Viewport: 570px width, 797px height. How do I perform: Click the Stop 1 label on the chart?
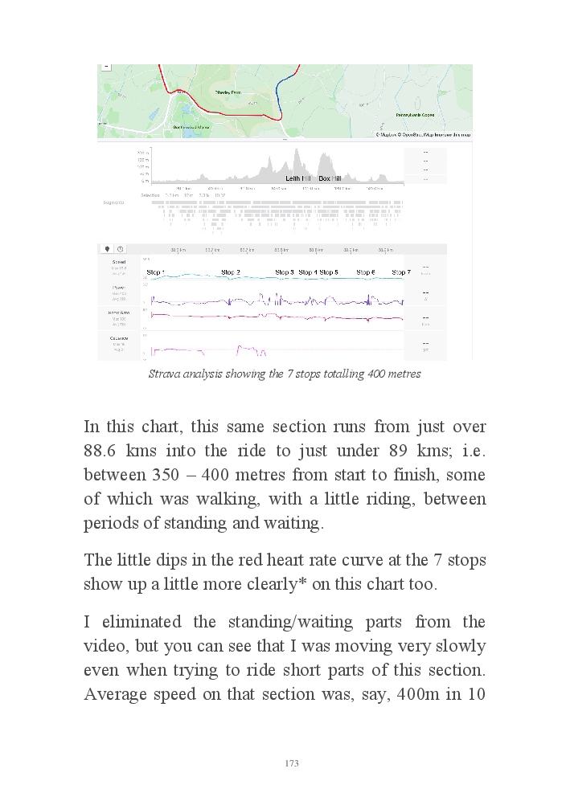[155, 273]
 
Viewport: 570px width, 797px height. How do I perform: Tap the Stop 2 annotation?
[231, 273]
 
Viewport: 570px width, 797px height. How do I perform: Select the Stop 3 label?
[285, 273]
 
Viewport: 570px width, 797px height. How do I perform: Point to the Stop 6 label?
[366, 273]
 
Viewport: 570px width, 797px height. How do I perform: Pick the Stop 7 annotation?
[401, 273]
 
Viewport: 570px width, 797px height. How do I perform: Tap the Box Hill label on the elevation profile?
[330, 178]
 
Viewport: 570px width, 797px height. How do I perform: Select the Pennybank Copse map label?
[415, 115]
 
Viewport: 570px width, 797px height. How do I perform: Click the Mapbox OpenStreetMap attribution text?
[423, 135]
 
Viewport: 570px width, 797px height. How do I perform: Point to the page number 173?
[292, 763]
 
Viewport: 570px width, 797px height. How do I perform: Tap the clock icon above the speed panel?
[120, 250]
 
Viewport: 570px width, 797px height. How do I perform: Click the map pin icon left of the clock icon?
[106, 250]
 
